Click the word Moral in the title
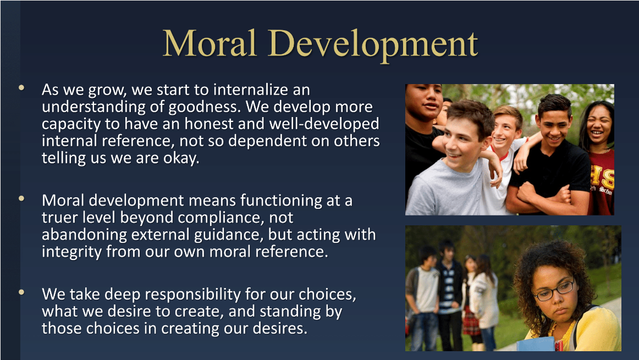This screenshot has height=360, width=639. (210, 43)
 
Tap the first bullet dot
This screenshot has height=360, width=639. (21, 87)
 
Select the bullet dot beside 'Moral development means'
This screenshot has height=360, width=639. (21, 198)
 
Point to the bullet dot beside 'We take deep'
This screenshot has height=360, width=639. (21, 292)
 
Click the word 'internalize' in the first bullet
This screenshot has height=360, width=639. (250, 90)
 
